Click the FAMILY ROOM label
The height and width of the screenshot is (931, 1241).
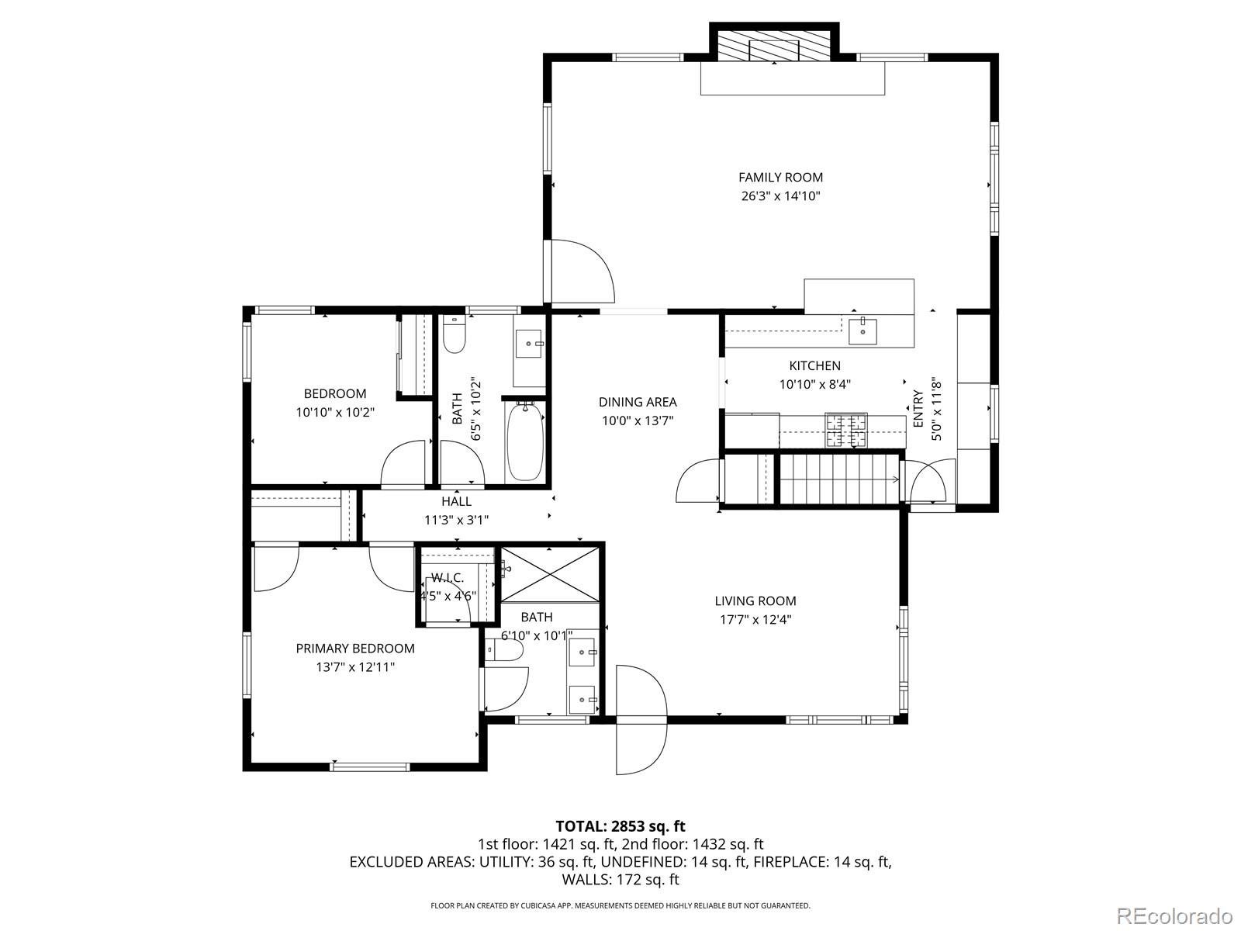click(x=780, y=178)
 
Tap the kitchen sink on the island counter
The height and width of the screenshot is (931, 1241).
click(x=862, y=331)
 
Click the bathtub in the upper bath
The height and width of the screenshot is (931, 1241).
click(x=525, y=442)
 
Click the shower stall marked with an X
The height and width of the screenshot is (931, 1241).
click(x=550, y=574)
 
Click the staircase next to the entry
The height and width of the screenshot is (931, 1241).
click(x=838, y=479)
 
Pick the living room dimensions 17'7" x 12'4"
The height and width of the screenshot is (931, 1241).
click(x=755, y=619)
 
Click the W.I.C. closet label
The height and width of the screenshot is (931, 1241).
click(x=448, y=578)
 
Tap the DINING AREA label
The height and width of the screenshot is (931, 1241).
click(x=638, y=402)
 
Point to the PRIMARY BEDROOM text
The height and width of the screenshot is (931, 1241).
click(x=355, y=649)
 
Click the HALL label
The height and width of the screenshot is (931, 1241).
click(x=456, y=502)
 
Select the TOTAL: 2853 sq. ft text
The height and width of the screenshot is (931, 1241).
click(x=620, y=826)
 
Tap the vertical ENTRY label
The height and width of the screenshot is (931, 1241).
click(x=918, y=409)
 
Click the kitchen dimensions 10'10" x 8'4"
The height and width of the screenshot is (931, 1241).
click(x=815, y=384)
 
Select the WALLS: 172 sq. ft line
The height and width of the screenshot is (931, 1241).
click(x=620, y=880)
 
